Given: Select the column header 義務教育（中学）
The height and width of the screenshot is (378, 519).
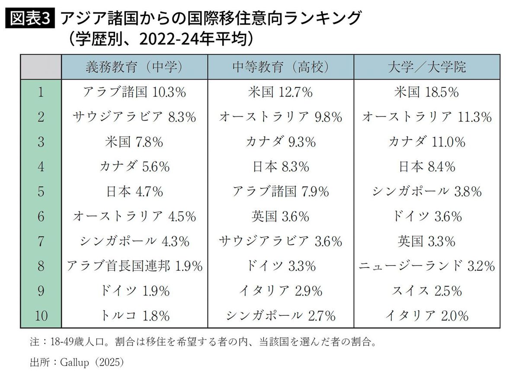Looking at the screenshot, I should [x=134, y=67].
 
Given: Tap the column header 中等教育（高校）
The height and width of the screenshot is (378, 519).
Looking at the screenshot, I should [x=280, y=67].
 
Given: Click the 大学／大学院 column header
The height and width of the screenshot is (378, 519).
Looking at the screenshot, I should [x=426, y=67].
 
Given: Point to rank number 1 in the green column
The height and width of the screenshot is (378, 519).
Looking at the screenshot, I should [x=41, y=92].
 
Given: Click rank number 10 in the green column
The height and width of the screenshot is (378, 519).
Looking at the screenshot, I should [x=41, y=316].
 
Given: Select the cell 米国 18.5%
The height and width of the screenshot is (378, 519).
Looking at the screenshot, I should [x=426, y=92].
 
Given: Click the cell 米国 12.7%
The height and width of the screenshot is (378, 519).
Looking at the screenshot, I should [x=280, y=92].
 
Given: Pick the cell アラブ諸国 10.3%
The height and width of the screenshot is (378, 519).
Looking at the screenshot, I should [x=134, y=92].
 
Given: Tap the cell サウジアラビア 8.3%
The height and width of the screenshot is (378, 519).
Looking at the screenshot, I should [x=134, y=117].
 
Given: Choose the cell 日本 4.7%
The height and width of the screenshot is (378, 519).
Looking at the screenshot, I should [x=134, y=191].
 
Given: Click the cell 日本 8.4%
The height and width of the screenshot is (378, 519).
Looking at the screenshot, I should [x=426, y=167].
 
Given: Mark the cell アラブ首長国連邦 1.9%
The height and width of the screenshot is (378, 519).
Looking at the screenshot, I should [x=134, y=266].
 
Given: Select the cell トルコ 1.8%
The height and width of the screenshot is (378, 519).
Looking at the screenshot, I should [x=134, y=316].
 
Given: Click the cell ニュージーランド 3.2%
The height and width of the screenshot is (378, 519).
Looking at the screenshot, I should [x=426, y=266].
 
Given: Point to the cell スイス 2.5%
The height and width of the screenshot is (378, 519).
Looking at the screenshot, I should [x=426, y=291].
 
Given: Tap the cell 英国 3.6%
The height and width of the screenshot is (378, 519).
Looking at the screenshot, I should [x=280, y=216].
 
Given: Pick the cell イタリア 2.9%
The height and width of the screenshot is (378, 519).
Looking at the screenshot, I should [x=280, y=291].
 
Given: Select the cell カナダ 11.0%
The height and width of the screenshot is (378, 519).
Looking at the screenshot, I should [x=426, y=141].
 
